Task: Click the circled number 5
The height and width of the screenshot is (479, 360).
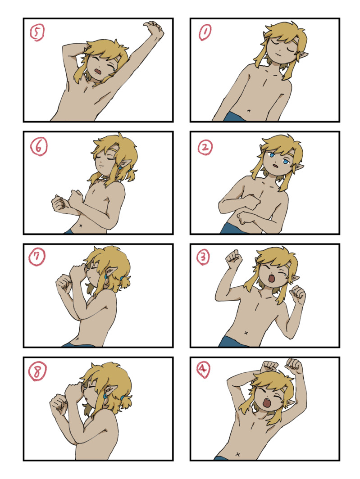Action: click(x=37, y=32)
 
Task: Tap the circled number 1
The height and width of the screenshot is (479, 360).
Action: click(x=205, y=32)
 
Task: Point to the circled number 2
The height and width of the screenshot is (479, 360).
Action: click(x=205, y=148)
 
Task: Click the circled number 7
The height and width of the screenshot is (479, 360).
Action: click(x=36, y=257)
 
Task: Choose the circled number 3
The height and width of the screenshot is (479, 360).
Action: click(x=203, y=257)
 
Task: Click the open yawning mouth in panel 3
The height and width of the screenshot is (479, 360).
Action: click(x=271, y=279)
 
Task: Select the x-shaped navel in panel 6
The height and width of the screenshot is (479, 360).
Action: click(x=81, y=226)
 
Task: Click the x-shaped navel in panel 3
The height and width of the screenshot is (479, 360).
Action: click(x=246, y=333)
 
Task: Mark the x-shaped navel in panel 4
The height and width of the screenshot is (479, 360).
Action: click(x=237, y=454)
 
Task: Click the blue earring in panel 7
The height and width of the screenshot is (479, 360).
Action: click(x=106, y=276)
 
